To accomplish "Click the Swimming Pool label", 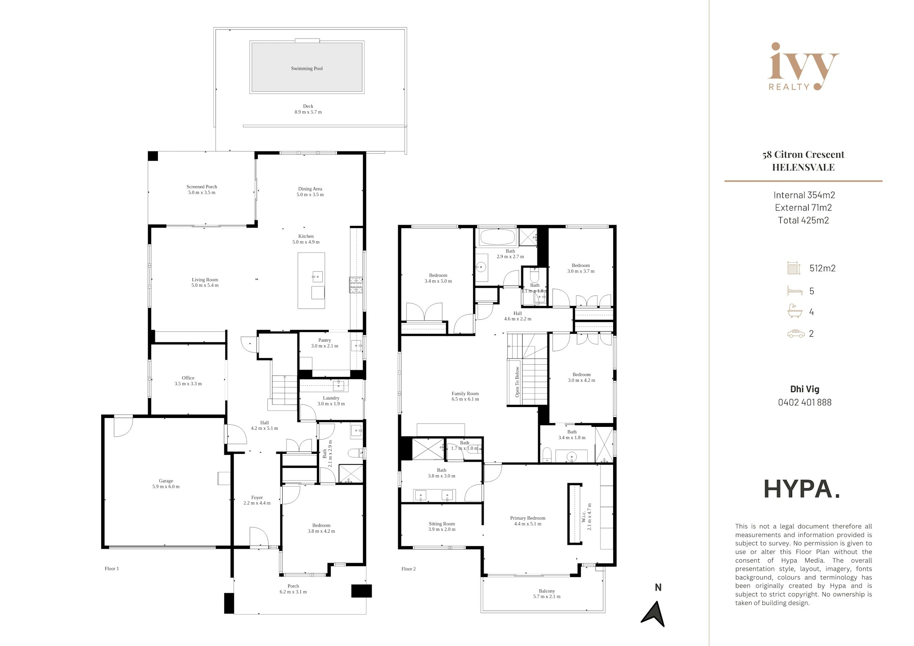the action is pyautogui.click(x=307, y=69).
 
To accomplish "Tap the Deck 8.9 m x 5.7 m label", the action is pyautogui.click(x=308, y=109).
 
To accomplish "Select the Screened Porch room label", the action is pyautogui.click(x=202, y=190).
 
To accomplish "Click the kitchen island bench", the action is pyautogui.click(x=311, y=280).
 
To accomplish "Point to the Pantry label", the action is pyautogui.click(x=325, y=343).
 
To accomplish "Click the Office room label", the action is pyautogui.click(x=188, y=381).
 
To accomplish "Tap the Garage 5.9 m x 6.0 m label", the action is pyautogui.click(x=166, y=484).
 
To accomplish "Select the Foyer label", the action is pyautogui.click(x=257, y=500).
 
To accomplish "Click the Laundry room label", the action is pyautogui.click(x=331, y=401).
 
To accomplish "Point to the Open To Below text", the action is pyautogui.click(x=517, y=382).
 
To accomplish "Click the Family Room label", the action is pyautogui.click(x=465, y=396).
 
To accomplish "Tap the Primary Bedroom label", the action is pyautogui.click(x=528, y=521).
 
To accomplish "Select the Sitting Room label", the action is pyautogui.click(x=442, y=527).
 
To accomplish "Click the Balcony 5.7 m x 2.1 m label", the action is pyautogui.click(x=547, y=594).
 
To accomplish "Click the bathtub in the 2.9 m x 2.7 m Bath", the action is pyautogui.click(x=497, y=237).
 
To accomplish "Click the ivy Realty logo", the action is pyautogui.click(x=803, y=66).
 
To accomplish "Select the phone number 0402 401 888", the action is pyautogui.click(x=805, y=402).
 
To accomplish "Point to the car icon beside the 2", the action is pyautogui.click(x=796, y=334).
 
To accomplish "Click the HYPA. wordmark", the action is pyautogui.click(x=801, y=489).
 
